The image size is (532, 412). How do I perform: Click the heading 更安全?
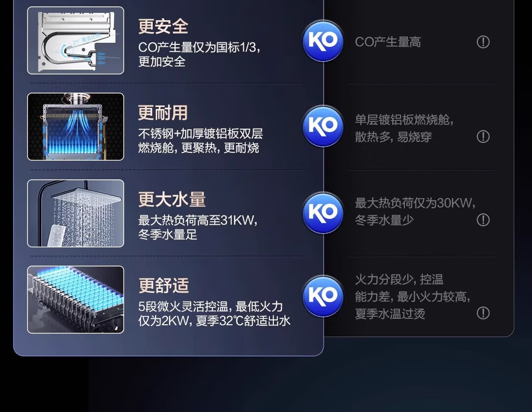click(163, 27)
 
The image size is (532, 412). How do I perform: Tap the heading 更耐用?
click(163, 113)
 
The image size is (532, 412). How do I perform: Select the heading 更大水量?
click(172, 200)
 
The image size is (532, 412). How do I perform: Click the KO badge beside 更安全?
click(323, 41)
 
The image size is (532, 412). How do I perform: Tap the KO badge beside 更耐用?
click(323, 126)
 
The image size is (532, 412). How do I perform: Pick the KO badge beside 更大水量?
click(323, 212)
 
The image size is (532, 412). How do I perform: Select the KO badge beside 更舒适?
click(323, 296)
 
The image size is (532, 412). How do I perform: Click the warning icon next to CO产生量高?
click(483, 42)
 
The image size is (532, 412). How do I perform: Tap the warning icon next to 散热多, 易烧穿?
click(483, 137)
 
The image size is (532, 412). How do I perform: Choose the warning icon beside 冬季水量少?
click(483, 220)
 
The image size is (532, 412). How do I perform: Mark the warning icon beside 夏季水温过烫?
click(483, 313)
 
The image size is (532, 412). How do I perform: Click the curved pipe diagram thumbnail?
click(75, 40)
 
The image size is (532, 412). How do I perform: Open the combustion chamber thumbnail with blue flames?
click(75, 127)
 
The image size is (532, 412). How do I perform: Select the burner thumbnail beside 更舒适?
click(75, 300)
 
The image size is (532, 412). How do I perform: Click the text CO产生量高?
click(388, 42)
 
